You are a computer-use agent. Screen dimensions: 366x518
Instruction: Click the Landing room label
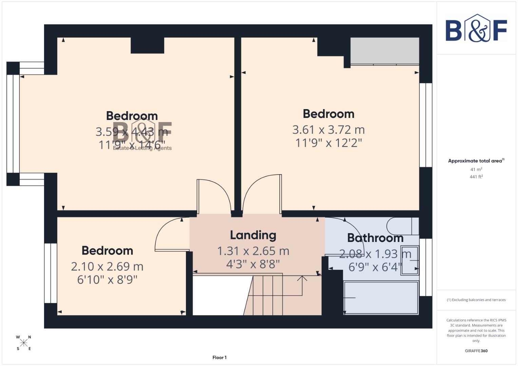pos(253,235)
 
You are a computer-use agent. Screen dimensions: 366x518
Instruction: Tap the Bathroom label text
pos(375,238)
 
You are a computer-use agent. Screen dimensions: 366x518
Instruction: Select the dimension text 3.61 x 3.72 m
pos(328,129)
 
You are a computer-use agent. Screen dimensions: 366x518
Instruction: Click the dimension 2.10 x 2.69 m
pos(107,266)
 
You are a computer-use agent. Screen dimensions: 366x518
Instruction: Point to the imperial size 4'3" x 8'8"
pos(253,264)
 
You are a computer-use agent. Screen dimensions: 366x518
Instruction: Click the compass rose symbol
pos(24,343)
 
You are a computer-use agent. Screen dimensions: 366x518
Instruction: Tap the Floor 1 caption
pos(219,358)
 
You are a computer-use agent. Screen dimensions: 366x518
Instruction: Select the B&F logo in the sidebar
pos(476,29)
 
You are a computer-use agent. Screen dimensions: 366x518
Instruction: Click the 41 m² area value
pos(476,169)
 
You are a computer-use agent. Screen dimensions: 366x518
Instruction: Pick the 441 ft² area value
pos(476,177)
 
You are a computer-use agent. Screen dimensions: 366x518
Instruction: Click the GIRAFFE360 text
pos(476,351)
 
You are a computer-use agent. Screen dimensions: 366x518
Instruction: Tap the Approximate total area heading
pos(476,161)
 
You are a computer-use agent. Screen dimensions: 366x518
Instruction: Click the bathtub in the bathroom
pos(381,298)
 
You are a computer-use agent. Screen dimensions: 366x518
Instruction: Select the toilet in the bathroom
pos(400,225)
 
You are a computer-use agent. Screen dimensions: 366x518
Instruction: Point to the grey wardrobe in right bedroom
pos(385,50)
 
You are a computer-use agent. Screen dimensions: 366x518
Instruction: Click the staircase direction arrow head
pos(302,278)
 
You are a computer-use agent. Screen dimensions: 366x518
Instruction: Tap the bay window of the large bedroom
pos(13,124)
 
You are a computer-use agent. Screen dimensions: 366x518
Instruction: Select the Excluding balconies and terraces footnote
pos(476,300)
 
